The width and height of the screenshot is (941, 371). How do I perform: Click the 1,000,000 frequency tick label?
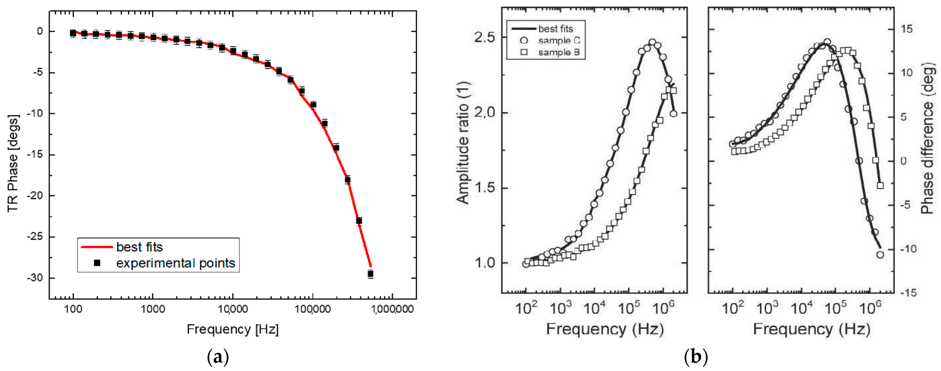click(x=392, y=309)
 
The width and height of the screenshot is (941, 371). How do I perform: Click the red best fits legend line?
click(x=97, y=247)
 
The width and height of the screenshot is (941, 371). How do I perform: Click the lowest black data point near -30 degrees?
click(x=370, y=274)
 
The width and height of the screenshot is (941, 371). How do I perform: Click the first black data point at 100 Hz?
click(x=73, y=33)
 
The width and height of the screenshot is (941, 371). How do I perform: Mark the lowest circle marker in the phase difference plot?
click(x=880, y=255)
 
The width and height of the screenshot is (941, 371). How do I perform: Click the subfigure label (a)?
click(x=218, y=357)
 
